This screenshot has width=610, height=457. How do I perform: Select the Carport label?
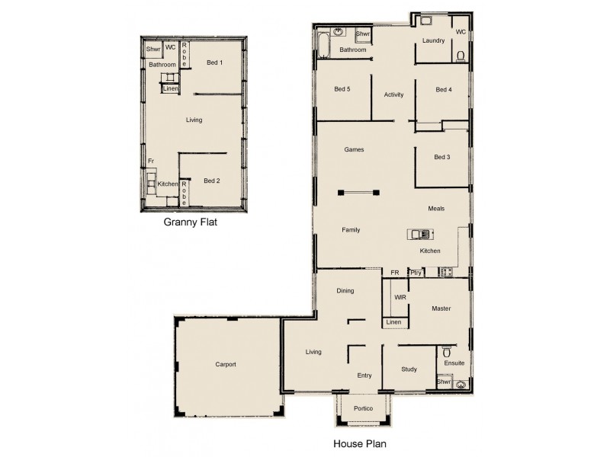pyautogui.click(x=225, y=364)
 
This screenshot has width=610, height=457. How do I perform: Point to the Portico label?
pyautogui.click(x=363, y=409)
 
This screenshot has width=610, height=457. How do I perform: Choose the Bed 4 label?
pyautogui.click(x=443, y=90)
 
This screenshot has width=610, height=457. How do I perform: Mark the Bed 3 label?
pyautogui.click(x=441, y=157)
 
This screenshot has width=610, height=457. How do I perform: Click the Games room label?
pyautogui.click(x=354, y=150)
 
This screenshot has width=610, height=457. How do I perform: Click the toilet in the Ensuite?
pyautogui.click(x=447, y=353)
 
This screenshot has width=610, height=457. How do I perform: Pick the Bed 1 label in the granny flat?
pyautogui.click(x=214, y=62)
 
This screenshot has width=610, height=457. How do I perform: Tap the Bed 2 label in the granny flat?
pyautogui.click(x=212, y=181)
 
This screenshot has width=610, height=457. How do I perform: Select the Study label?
pyautogui.click(x=409, y=369)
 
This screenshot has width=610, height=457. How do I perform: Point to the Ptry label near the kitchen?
pyautogui.click(x=416, y=272)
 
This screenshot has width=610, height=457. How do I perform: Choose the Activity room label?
pyautogui.click(x=393, y=94)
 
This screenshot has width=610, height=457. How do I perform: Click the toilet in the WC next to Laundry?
pyautogui.click(x=461, y=56)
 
